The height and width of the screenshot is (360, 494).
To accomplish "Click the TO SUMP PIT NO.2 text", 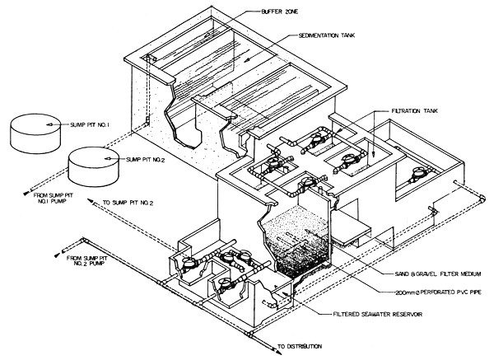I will tap(131, 200).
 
